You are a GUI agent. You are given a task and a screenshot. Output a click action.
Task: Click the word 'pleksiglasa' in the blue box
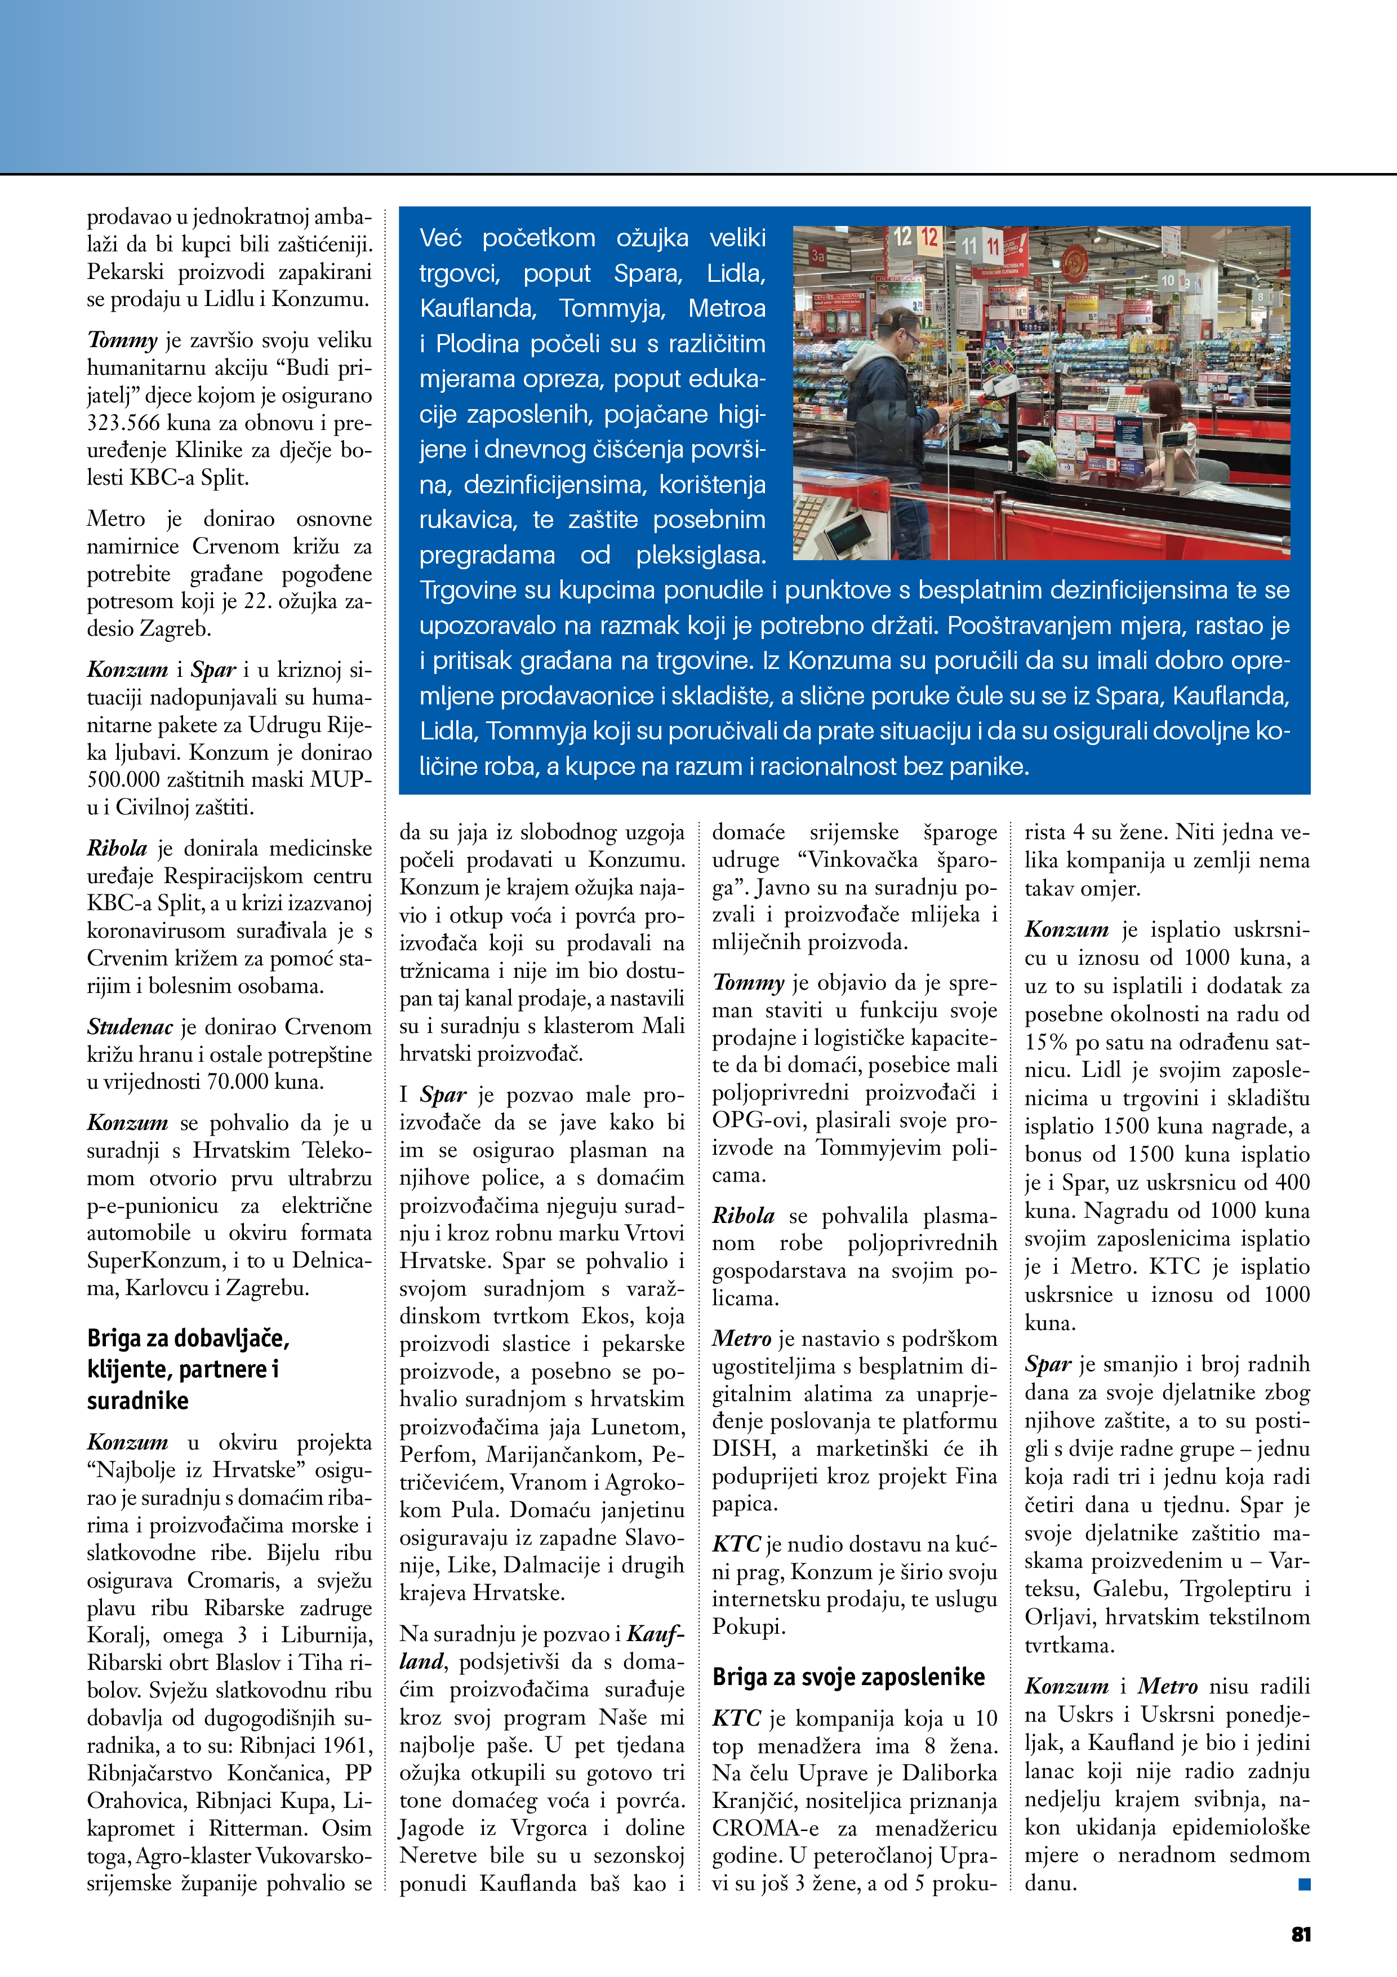701,555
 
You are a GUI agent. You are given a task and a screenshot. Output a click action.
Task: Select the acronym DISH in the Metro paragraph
744,1448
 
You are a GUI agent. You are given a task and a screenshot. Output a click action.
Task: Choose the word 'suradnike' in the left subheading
137,1401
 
